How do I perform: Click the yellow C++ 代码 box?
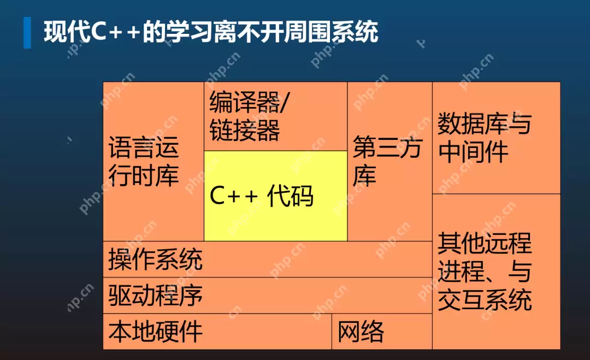(275, 196)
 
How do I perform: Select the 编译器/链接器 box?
(275, 116)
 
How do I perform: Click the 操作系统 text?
(156, 259)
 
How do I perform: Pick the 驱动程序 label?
(156, 295)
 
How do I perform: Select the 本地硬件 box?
(156, 331)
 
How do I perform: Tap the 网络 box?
(361, 331)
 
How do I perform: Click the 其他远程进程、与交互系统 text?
(485, 272)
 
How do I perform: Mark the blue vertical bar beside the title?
(27, 32)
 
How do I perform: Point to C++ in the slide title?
(115, 32)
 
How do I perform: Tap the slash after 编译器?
(286, 102)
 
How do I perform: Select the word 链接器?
(245, 131)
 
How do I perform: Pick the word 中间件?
(473, 152)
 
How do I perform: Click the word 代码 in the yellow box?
(290, 196)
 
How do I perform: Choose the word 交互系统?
(485, 300)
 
